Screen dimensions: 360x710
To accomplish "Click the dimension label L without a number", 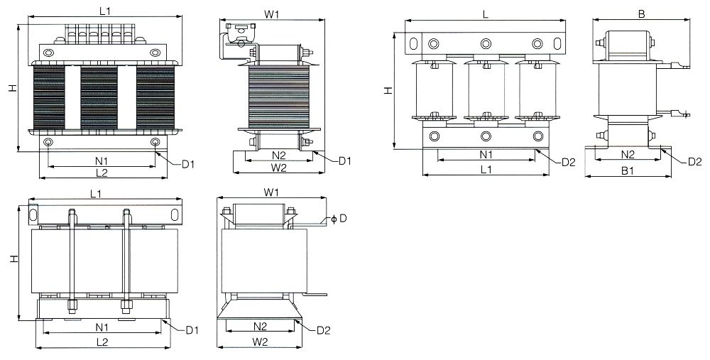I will point(485,13).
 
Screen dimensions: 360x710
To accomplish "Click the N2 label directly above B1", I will point(627,154).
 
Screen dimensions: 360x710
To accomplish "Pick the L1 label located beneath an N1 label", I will point(486,170).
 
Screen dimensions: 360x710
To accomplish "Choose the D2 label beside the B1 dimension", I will point(695,162).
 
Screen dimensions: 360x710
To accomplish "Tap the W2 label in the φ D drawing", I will point(260,342).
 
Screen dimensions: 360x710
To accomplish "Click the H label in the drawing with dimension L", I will point(388,91).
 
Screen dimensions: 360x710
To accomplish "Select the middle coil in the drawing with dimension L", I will point(486,91).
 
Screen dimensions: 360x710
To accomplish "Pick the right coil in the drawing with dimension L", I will point(537,91).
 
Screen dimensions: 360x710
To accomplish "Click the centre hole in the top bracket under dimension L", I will point(486,44).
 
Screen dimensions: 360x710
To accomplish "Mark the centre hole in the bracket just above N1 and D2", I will point(486,136).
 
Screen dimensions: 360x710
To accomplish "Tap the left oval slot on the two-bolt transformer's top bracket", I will point(33,212).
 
